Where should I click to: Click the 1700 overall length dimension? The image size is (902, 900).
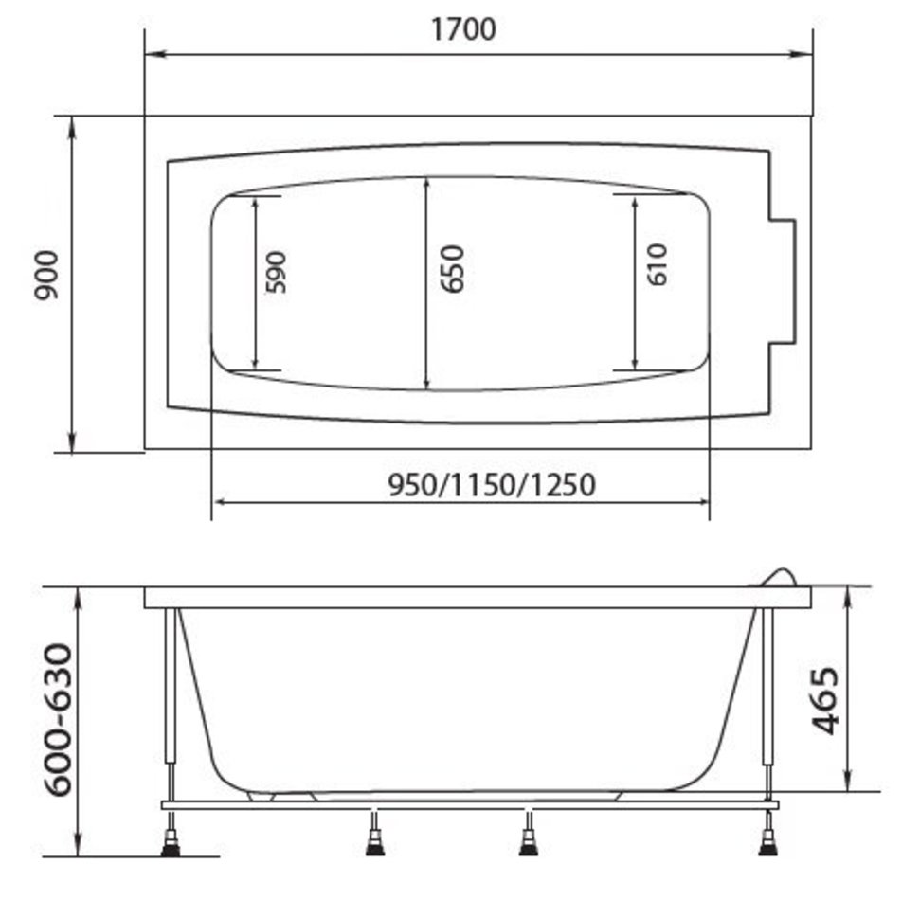point(463,28)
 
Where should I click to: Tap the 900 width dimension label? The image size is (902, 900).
point(46,276)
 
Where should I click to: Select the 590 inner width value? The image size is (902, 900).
point(276,272)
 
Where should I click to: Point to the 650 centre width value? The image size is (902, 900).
point(452,269)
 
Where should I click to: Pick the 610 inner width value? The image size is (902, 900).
point(658,264)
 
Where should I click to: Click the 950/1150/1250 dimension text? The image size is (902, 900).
point(492,485)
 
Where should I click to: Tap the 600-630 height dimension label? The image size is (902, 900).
point(60,720)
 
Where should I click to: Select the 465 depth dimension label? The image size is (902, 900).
point(825,700)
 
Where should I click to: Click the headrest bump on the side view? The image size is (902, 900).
point(779,577)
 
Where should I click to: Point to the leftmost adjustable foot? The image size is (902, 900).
point(171,840)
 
